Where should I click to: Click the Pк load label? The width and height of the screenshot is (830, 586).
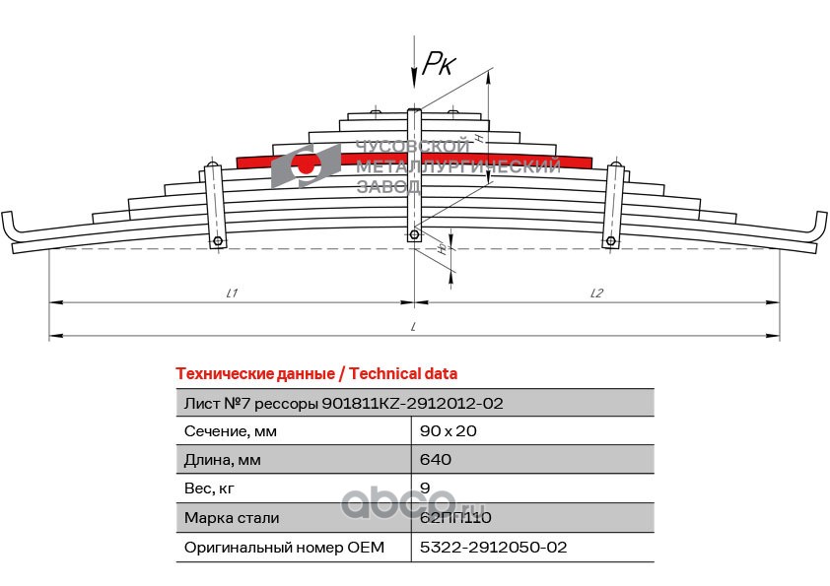tap(438, 65)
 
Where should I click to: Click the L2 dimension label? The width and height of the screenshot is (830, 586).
tap(596, 293)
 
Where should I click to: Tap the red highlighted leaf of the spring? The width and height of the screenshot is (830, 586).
tap(414, 160)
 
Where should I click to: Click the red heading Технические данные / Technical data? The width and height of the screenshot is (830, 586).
tap(315, 373)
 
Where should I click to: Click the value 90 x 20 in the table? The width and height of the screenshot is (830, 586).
tap(450, 430)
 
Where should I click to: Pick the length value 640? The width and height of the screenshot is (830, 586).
tap(436, 459)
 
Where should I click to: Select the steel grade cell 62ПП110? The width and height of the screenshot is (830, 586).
tap(455, 517)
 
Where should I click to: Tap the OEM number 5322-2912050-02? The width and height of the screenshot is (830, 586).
tap(494, 547)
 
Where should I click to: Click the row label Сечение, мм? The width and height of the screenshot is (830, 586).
tap(231, 430)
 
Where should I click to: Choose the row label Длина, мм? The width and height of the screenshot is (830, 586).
tap(226, 459)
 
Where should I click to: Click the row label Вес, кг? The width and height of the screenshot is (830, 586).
tap(210, 488)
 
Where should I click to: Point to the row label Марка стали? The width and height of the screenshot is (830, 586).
tap(232, 517)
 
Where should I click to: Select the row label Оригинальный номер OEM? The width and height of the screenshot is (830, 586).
tap(284, 547)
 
